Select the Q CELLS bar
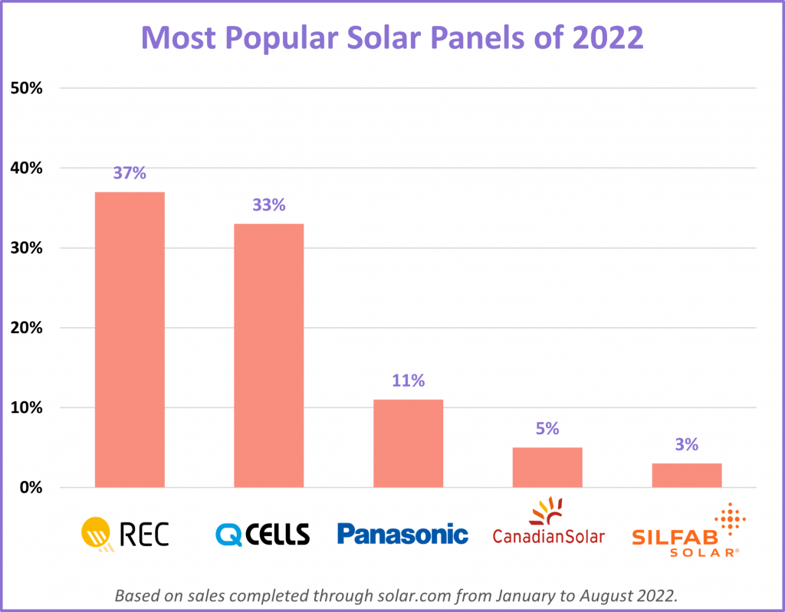(x=268, y=355)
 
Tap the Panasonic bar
(x=408, y=443)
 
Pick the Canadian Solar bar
(x=547, y=467)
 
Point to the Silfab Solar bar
(x=687, y=475)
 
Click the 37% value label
(x=129, y=173)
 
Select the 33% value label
(x=268, y=205)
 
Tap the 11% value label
(x=408, y=381)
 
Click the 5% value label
(x=547, y=428)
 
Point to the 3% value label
(x=687, y=444)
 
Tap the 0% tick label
(x=30, y=488)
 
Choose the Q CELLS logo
(x=262, y=533)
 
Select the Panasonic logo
(x=402, y=533)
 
